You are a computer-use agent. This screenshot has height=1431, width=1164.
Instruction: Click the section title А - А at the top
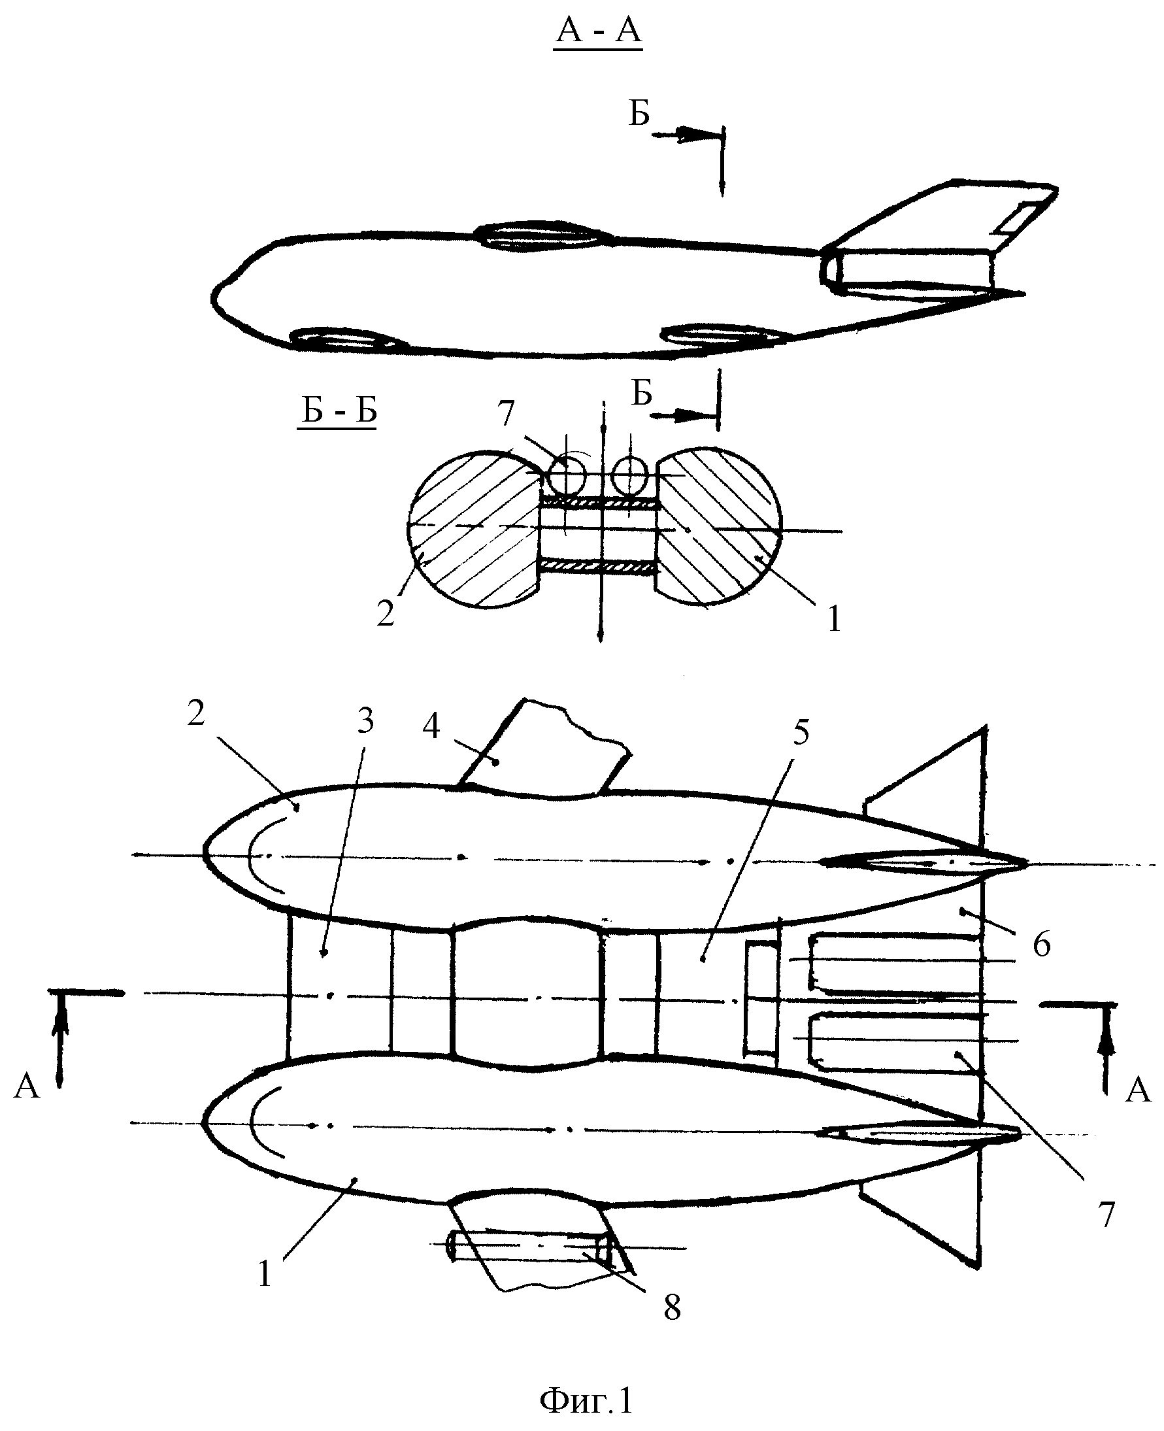598,31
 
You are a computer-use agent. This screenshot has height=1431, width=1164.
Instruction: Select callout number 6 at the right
1041,944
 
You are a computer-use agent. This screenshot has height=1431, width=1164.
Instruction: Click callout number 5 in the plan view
801,733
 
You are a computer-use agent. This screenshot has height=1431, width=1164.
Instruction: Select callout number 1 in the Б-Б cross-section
834,619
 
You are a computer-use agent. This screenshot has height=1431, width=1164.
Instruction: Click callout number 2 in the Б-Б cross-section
386,613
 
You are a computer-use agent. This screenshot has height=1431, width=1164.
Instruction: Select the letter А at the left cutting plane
27,1085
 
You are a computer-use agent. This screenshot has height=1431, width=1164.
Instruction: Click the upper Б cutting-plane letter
639,114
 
